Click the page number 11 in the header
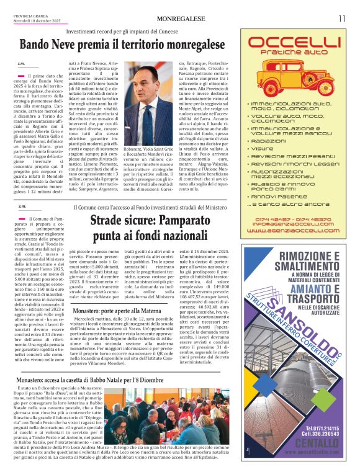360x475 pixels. click(342, 18)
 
